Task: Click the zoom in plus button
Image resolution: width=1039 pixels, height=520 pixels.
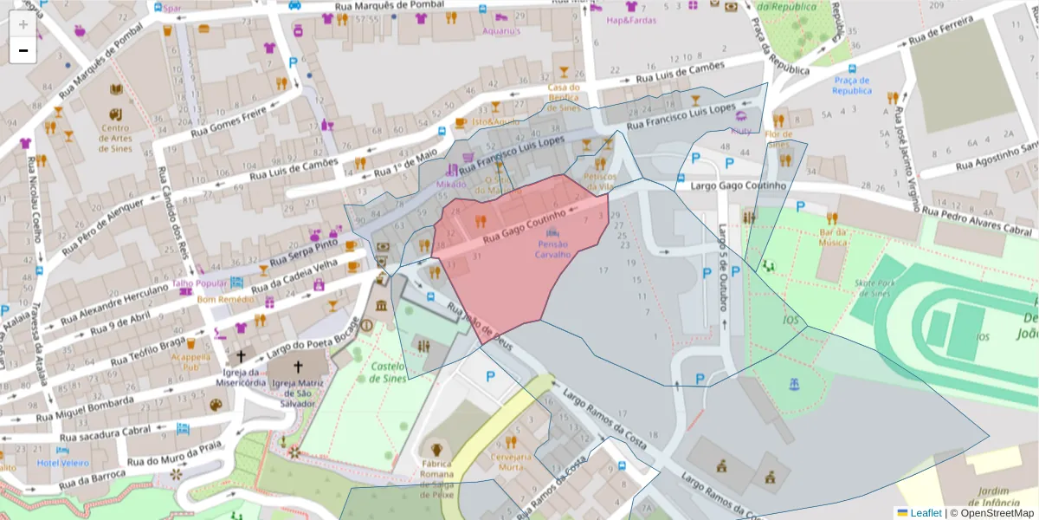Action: coord(23,23)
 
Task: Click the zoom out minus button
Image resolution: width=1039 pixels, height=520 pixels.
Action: coord(23,50)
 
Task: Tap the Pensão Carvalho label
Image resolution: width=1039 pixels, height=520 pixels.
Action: coord(552,250)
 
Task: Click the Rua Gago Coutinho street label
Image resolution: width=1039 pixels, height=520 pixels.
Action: coord(524,224)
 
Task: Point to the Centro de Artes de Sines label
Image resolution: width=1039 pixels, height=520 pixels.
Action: coord(115,139)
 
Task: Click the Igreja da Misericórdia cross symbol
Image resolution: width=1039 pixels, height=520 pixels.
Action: coord(242,356)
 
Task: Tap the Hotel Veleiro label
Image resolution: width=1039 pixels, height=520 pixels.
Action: coord(62,463)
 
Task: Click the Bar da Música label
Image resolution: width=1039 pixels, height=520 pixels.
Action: coord(832,237)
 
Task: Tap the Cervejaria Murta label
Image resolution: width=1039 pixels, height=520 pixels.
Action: coord(510,462)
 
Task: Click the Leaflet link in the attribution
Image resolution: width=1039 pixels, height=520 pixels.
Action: coord(925,513)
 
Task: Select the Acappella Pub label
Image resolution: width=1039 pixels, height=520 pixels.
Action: coord(190,361)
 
